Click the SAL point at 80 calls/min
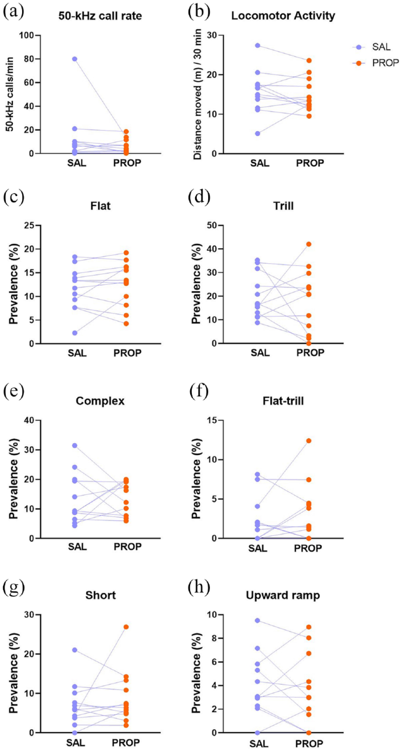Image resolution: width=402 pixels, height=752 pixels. [74, 59]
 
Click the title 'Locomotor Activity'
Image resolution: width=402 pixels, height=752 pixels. [283, 16]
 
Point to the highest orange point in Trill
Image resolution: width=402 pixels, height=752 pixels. [308, 244]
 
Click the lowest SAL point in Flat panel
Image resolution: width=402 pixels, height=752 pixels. [74, 333]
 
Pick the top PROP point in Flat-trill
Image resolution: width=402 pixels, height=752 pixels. [308, 441]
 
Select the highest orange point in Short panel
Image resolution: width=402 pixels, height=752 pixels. [126, 627]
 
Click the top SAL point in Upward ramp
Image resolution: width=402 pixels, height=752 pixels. [258, 620]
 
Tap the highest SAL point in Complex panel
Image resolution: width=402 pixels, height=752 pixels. [74, 445]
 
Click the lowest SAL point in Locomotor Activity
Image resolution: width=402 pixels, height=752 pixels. [258, 134]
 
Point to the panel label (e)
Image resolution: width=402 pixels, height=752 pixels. [13, 392]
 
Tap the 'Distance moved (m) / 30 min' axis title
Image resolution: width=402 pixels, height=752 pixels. [198, 94]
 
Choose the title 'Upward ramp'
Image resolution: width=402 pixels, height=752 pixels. [283, 595]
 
